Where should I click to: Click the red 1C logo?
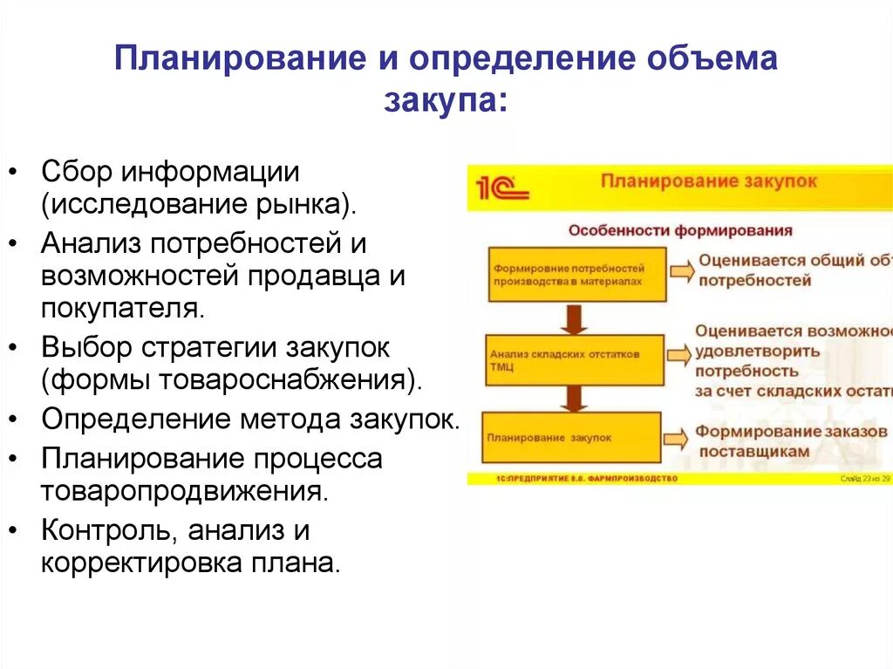(x=501, y=186)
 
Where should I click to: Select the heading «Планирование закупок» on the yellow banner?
(x=708, y=181)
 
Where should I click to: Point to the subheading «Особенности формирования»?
(x=680, y=230)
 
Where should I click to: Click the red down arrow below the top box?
(x=572, y=318)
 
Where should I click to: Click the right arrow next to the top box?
(x=682, y=271)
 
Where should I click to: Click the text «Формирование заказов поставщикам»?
(x=772, y=441)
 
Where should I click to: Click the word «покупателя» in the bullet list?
(x=121, y=308)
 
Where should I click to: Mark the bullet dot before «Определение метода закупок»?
(x=17, y=420)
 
